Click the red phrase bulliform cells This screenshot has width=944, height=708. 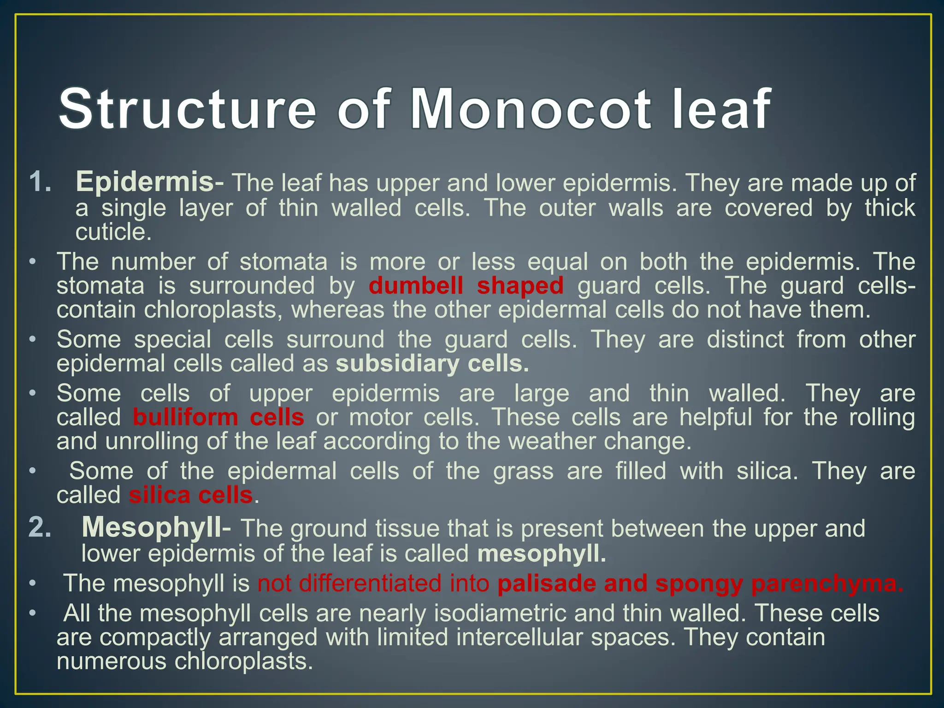pyautogui.click(x=218, y=417)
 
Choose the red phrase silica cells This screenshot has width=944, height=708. pyautogui.click(x=191, y=495)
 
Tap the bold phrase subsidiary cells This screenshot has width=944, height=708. pyautogui.click(x=432, y=364)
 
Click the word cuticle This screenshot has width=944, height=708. pyautogui.click(x=113, y=232)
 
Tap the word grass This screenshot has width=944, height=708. pyautogui.click(x=523, y=471)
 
